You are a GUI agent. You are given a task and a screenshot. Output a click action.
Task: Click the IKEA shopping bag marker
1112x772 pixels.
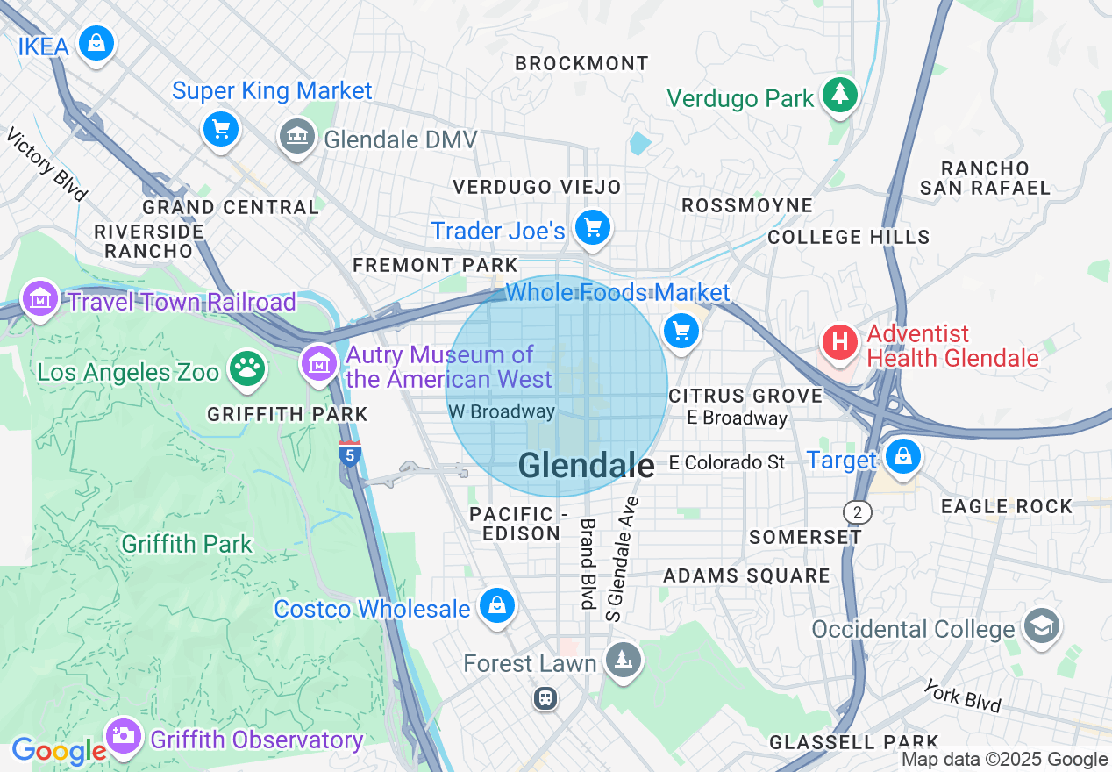pyautogui.click(x=96, y=43)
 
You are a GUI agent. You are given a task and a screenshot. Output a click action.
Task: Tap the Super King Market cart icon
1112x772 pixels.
pyautogui.click(x=221, y=131)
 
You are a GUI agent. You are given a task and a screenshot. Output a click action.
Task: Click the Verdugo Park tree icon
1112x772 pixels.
pyautogui.click(x=840, y=95)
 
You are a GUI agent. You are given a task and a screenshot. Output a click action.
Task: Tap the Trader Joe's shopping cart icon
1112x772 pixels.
pyautogui.click(x=593, y=229)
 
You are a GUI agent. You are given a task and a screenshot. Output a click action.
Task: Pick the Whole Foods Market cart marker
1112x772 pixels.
pyautogui.click(x=681, y=332)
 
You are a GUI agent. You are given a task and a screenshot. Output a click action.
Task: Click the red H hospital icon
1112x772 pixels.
pyautogui.click(x=840, y=341)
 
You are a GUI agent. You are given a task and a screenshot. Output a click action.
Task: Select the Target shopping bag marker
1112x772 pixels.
pyautogui.click(x=902, y=456)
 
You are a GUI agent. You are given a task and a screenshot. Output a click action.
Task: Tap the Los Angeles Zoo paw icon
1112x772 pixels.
pyautogui.click(x=247, y=369)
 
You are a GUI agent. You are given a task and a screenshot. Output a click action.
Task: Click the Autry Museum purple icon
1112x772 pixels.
pyautogui.click(x=318, y=362)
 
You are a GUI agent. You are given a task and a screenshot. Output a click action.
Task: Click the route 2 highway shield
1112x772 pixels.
pyautogui.click(x=857, y=511)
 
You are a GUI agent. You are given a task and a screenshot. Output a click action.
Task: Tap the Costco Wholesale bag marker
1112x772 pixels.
pyautogui.click(x=497, y=606)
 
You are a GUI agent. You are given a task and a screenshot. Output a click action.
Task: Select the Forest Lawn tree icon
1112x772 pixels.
pyautogui.click(x=624, y=661)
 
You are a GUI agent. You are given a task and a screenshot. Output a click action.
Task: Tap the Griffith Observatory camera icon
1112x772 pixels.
pyautogui.click(x=124, y=737)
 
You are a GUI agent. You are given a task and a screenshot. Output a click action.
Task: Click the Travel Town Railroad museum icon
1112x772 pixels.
pyautogui.click(x=40, y=301)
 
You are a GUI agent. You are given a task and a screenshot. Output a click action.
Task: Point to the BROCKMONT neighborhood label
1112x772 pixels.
pyautogui.click(x=582, y=64)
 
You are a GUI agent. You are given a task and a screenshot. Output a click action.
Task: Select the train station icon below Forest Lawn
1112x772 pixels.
pyautogui.click(x=545, y=698)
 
